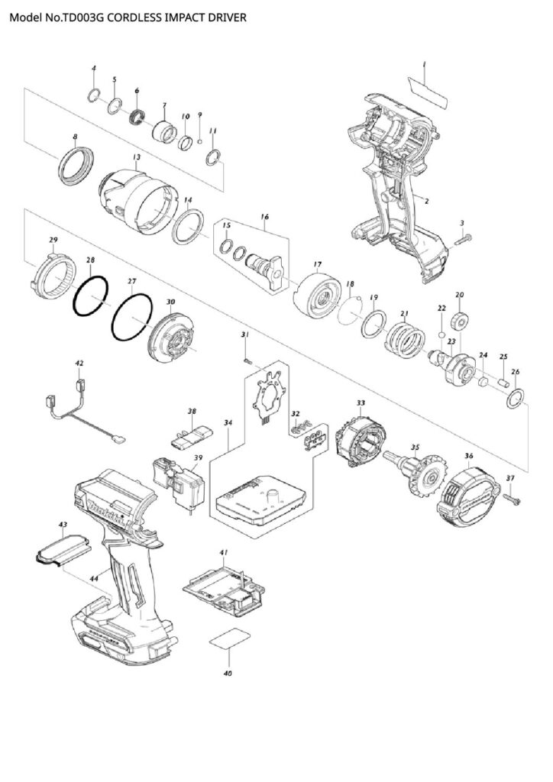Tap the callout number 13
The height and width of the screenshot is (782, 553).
(136, 158)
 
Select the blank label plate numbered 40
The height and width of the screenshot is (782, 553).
(229, 641)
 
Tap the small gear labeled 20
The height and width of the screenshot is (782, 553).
(461, 318)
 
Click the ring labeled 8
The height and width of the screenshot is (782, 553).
(76, 167)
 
